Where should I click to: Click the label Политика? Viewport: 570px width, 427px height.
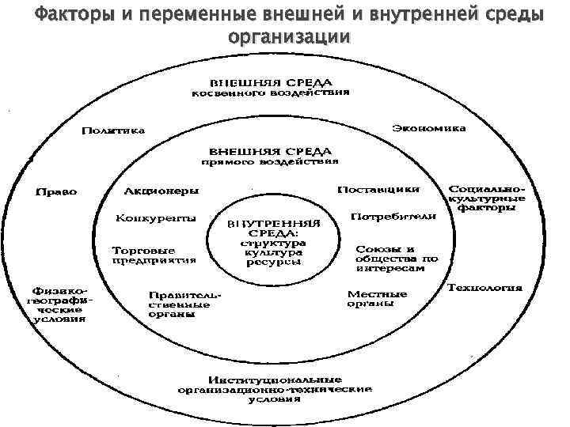(116, 131)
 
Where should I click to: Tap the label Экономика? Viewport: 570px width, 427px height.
(428, 127)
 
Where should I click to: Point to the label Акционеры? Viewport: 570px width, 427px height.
(161, 191)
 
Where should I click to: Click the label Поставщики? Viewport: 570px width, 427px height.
(378, 191)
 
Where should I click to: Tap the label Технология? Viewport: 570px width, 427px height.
(484, 287)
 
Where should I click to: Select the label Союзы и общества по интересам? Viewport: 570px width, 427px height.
(396, 258)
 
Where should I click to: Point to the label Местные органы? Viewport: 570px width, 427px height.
(377, 299)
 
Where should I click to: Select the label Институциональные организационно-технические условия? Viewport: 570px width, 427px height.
(274, 388)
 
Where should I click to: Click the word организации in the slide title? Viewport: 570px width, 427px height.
(287, 37)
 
